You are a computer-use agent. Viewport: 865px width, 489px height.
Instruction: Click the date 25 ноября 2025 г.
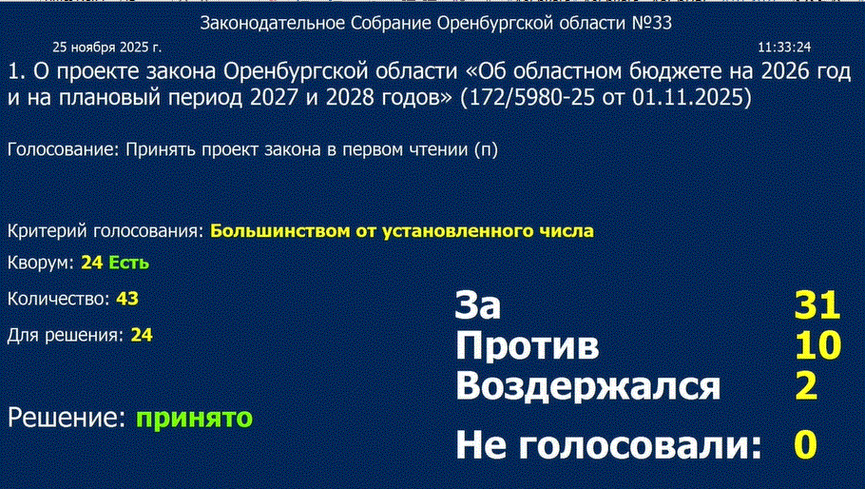pyautogui.click(x=107, y=48)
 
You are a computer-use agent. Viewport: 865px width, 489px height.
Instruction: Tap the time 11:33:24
pyautogui.click(x=784, y=48)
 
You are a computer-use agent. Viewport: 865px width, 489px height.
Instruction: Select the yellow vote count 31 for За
pyautogui.click(x=817, y=304)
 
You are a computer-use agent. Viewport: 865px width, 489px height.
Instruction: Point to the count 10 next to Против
pyautogui.click(x=817, y=345)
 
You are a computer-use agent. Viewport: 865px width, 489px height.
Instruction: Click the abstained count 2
pyautogui.click(x=806, y=385)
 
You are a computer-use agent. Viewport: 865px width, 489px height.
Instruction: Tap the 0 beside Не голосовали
pyautogui.click(x=805, y=444)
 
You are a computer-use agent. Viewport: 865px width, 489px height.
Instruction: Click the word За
pyautogui.click(x=478, y=304)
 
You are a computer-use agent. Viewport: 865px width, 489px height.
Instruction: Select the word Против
pyautogui.click(x=528, y=346)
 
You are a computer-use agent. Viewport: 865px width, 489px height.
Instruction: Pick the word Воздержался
pyautogui.click(x=588, y=386)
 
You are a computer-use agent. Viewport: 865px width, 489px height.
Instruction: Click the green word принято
pyautogui.click(x=194, y=419)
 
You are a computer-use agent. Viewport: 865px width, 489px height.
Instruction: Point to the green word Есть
pyautogui.click(x=128, y=263)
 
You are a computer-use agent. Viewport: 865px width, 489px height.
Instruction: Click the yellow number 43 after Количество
pyautogui.click(x=126, y=299)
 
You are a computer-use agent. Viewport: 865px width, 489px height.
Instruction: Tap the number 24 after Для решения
pyautogui.click(x=142, y=335)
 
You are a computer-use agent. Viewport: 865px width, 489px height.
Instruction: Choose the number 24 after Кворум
pyautogui.click(x=91, y=263)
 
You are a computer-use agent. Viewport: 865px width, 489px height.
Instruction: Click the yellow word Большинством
pyautogui.click(x=280, y=230)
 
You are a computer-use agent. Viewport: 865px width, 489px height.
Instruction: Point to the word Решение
pyautogui.click(x=67, y=418)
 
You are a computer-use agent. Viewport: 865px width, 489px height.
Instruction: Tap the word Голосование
pyautogui.click(x=64, y=149)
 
